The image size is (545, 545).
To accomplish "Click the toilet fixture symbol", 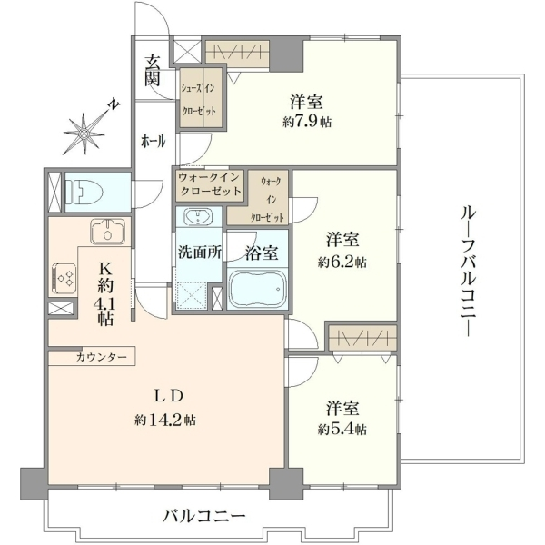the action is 84,191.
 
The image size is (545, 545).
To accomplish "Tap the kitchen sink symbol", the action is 108,232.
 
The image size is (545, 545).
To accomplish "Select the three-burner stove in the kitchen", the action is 64,278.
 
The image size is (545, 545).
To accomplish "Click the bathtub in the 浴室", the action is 257,289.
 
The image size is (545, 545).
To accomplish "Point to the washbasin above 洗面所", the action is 198,217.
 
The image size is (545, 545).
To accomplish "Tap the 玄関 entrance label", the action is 153,71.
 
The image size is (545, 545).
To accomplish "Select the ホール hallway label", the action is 153,142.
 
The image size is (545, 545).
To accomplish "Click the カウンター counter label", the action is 102,357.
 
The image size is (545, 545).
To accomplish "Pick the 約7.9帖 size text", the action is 307,122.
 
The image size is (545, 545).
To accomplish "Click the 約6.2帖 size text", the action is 342,263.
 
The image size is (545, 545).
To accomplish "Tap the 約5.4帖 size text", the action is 342,430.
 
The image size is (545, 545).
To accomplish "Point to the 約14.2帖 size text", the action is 165,421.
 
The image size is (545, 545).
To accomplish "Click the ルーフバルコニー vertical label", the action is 468,271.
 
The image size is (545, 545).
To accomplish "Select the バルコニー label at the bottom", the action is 204,517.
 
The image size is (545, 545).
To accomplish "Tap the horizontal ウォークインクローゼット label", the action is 210,184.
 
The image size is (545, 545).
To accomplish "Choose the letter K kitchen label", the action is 105,269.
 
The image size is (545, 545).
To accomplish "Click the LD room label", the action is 168,396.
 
